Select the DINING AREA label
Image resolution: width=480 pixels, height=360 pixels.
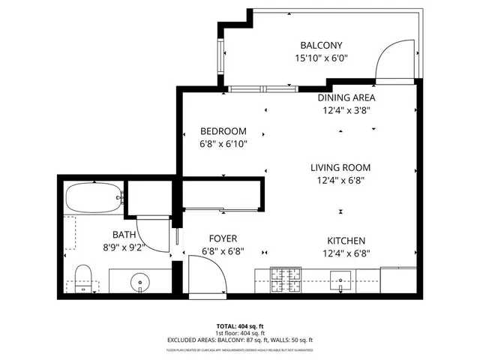[346, 97]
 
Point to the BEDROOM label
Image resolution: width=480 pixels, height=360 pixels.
[223, 131]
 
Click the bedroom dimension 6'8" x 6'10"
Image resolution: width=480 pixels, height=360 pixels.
[223, 144]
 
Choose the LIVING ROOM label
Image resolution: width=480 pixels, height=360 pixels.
[340, 167]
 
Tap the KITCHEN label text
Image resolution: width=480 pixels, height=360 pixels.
[346, 240]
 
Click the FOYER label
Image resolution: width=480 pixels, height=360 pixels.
[223, 240]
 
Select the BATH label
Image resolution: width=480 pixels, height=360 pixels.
[124, 234]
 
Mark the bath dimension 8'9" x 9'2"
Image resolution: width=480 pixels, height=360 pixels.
[124, 246]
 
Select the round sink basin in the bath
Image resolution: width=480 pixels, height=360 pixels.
[140, 283]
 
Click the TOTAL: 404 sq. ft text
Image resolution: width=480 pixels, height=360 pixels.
[239, 327]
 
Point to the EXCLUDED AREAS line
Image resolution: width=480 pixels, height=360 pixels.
[239, 340]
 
